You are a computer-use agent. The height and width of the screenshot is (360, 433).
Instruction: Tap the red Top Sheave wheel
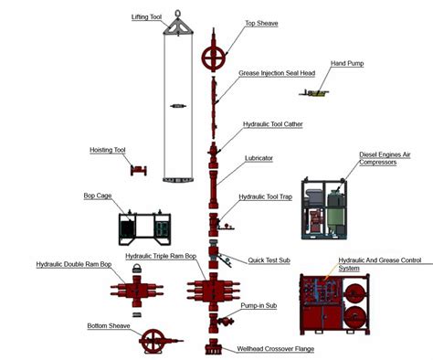point(214,57)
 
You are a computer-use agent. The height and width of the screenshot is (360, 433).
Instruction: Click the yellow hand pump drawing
point(317,92)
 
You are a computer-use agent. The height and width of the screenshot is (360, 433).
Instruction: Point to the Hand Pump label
point(346,64)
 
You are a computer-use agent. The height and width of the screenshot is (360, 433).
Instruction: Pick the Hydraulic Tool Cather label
point(272,123)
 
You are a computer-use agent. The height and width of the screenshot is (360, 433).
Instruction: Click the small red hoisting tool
point(139,170)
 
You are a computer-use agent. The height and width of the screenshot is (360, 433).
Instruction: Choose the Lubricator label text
point(259,158)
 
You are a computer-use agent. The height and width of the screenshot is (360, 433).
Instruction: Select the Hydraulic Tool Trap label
point(265,196)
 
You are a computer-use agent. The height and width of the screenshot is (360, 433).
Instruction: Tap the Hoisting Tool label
point(108,150)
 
